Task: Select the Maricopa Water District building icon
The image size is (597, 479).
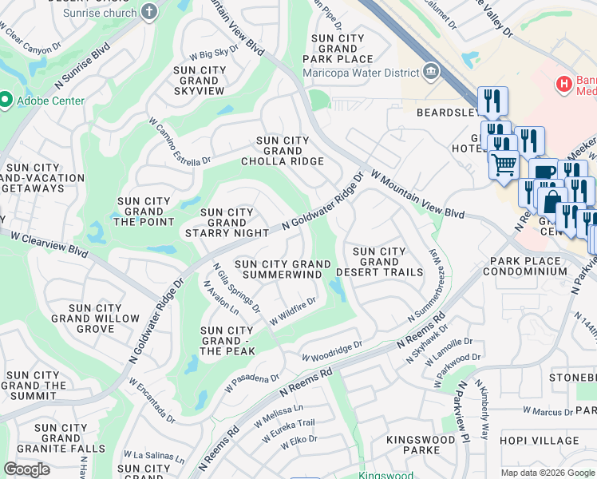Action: point(431,73)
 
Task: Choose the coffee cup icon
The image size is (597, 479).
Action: point(544,172)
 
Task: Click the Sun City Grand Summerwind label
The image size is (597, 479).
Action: point(282,269)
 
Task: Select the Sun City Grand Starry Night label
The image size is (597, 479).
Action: point(227,223)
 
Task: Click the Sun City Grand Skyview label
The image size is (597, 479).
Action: point(200,81)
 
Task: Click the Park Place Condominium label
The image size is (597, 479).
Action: point(528,266)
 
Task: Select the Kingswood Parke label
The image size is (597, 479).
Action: point(413,445)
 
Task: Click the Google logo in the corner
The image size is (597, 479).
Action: point(26,469)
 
